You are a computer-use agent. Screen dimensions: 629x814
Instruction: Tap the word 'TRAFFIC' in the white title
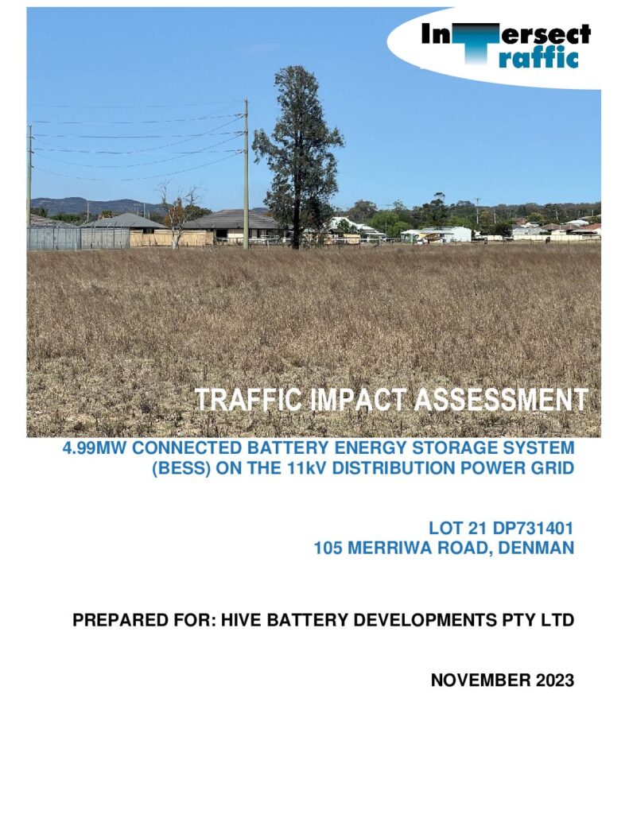(x=248, y=400)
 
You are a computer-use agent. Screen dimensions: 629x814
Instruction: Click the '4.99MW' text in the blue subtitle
(x=94, y=448)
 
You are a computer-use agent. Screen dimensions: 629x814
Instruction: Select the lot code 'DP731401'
(x=533, y=529)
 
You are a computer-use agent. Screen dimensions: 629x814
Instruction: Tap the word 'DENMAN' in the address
(x=536, y=548)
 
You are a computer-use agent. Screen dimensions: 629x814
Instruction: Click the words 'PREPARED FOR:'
(x=144, y=620)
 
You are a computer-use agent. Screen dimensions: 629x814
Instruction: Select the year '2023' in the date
(x=553, y=680)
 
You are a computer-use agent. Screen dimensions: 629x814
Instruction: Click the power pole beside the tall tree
(x=247, y=174)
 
